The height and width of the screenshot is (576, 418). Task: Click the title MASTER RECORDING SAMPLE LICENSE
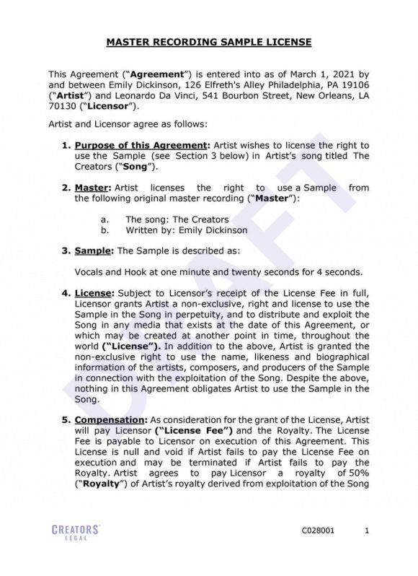point(209,43)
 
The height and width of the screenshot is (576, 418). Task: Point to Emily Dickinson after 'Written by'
point(206,230)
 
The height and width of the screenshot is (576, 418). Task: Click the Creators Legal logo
point(75,532)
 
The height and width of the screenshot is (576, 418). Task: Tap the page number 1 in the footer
point(367,531)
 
